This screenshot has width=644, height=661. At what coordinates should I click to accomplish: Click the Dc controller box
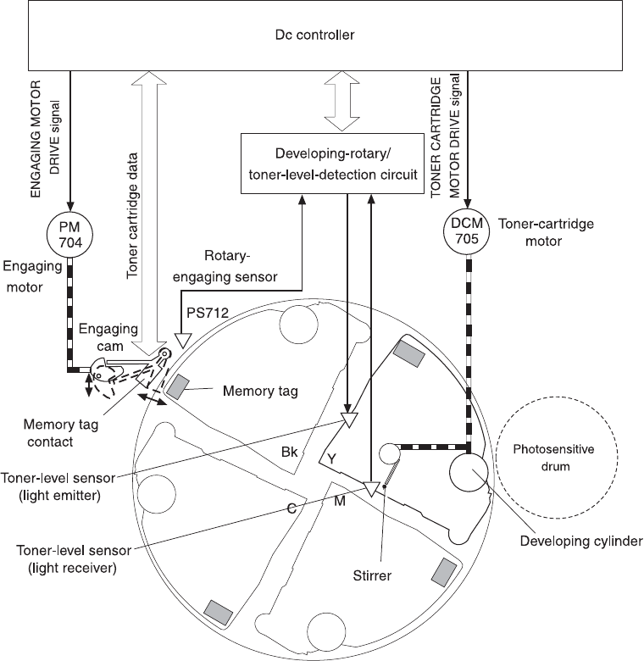click(321, 36)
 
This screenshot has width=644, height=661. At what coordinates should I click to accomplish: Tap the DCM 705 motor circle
click(467, 230)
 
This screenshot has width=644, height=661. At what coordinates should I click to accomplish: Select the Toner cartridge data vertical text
click(134, 219)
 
